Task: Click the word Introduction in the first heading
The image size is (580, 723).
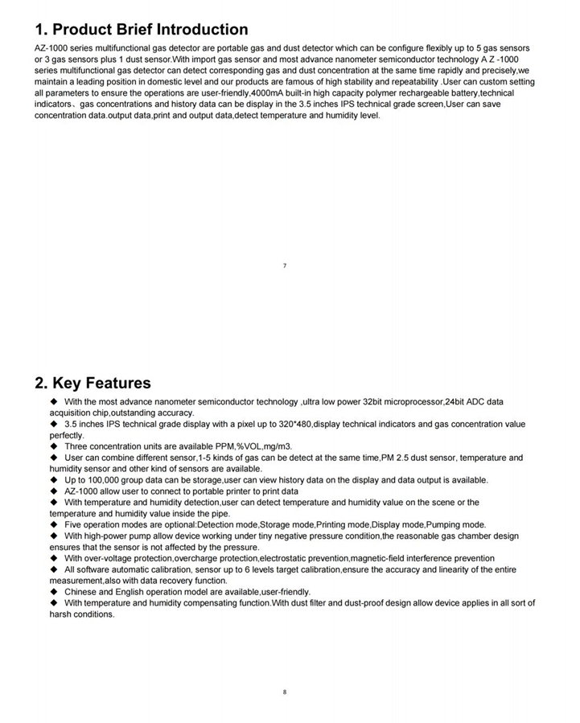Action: pos(201,30)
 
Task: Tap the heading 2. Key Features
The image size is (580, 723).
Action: pos(92,383)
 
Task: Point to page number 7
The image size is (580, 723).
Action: pos(285,265)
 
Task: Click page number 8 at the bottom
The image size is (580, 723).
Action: pos(285,692)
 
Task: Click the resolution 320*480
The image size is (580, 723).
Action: pos(288,424)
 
